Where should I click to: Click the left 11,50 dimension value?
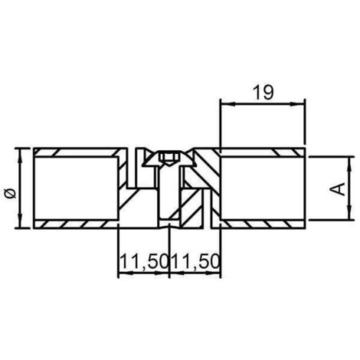[x=142, y=262]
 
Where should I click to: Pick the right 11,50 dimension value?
[x=195, y=262]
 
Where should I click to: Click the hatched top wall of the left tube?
[x=77, y=151]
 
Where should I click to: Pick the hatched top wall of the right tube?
[x=260, y=151]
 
